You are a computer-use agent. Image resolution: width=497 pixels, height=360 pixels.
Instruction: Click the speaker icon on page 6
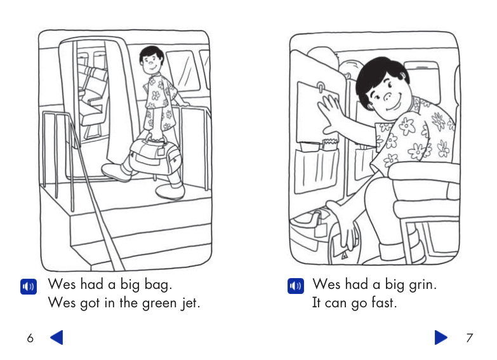tap(29, 286)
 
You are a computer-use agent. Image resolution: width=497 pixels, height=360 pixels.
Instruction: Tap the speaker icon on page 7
tap(295, 286)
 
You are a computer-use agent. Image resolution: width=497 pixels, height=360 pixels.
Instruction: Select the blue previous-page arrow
tap(56, 338)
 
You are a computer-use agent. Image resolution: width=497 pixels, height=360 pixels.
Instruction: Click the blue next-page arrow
tap(441, 338)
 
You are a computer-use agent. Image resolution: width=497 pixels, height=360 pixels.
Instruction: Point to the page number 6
tap(30, 338)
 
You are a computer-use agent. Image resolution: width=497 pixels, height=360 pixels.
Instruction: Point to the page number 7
tap(469, 338)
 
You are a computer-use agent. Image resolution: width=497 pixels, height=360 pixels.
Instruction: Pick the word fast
tap(382, 303)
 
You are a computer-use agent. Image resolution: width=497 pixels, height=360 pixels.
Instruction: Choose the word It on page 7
tap(316, 303)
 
